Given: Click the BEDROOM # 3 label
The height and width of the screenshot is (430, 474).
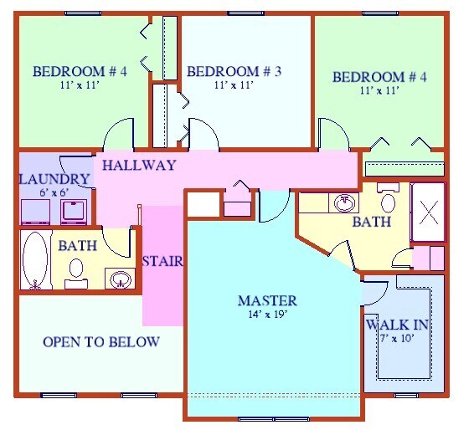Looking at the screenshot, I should pos(234,72).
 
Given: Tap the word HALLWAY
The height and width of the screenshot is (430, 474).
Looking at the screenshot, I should pos(139,166).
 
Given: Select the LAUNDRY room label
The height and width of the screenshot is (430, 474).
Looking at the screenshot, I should pos(54,179).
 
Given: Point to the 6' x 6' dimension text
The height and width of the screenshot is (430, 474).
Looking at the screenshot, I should pos(54,192).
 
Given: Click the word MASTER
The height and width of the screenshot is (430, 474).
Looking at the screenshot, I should pos(267,301).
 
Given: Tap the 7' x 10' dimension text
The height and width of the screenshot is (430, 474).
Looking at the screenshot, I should pos(396,338).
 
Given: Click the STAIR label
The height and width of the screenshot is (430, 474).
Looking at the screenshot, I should pos(162,261).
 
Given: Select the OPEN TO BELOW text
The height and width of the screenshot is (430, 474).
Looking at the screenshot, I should pos(100,342).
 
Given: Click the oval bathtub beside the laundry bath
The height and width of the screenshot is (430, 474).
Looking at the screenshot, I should pos(35,259).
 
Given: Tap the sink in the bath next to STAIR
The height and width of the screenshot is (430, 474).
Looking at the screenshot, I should pos(121,278).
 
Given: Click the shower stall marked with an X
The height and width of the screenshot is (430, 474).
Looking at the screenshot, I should pos(429,212).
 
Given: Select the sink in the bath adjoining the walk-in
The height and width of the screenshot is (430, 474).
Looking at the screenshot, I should pos(343,202).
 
